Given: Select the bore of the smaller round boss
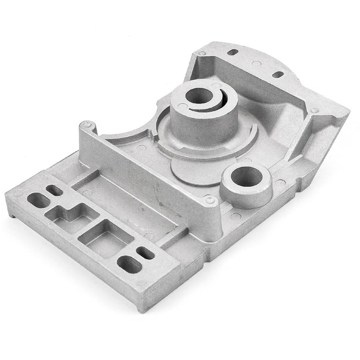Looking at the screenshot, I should [x=245, y=177].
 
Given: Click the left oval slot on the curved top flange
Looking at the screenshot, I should [x=233, y=52].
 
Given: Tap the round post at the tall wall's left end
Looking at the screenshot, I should [x=87, y=125].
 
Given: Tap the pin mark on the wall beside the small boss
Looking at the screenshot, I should [x=210, y=198].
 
